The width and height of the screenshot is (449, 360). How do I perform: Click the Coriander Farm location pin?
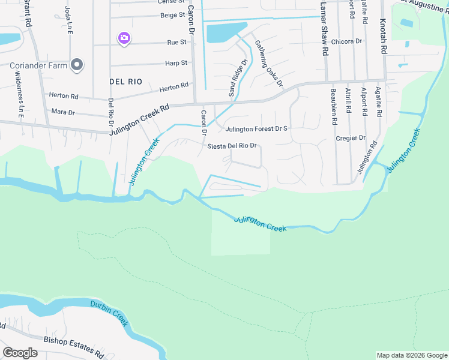pyautogui.click(x=77, y=65)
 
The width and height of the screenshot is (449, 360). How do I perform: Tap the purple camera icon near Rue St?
pyautogui.click(x=124, y=38)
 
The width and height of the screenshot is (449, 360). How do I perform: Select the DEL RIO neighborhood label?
pyautogui.click(x=126, y=81)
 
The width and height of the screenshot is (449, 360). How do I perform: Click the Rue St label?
pyautogui.click(x=176, y=43)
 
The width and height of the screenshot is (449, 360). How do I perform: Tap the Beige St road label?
pyautogui.click(x=172, y=14)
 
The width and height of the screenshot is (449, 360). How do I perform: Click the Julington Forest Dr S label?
pyautogui.click(x=256, y=128)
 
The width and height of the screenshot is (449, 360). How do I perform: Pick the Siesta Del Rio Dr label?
pyautogui.click(x=232, y=146)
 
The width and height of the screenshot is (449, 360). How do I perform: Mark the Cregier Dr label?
pyautogui.click(x=351, y=138)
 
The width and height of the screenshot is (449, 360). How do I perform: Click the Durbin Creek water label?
pyautogui.click(x=110, y=313)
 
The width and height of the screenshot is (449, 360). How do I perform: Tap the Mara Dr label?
pyautogui.click(x=62, y=112)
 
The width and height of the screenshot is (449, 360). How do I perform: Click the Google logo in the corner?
pyautogui.click(x=20, y=353)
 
